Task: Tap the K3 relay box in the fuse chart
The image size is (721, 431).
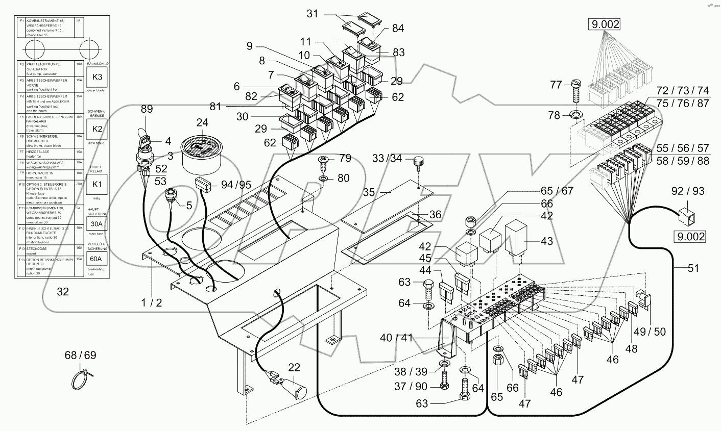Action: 97,78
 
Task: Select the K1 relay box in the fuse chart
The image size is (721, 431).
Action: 97,182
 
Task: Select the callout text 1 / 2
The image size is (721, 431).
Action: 152,302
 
